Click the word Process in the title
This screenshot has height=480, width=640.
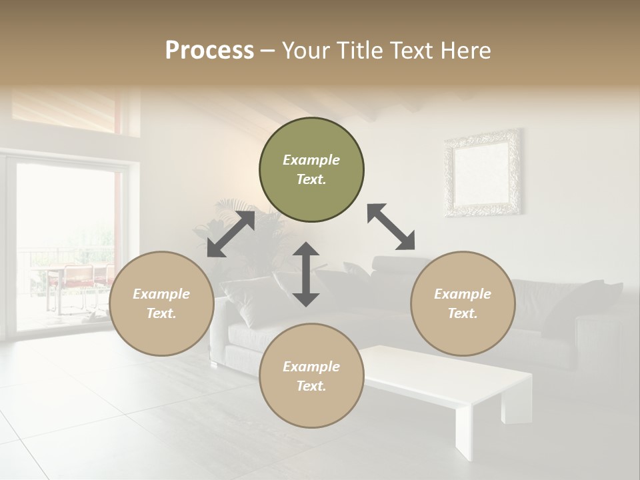tap(209, 51)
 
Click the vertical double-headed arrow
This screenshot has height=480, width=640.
tap(306, 274)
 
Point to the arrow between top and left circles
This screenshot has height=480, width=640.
tap(231, 234)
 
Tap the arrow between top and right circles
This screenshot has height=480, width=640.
tap(391, 227)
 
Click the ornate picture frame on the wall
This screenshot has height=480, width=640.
tap(483, 172)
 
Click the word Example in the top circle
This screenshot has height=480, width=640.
tap(311, 160)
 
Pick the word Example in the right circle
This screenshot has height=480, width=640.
tap(463, 294)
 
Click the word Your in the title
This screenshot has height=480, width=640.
tap(305, 51)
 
